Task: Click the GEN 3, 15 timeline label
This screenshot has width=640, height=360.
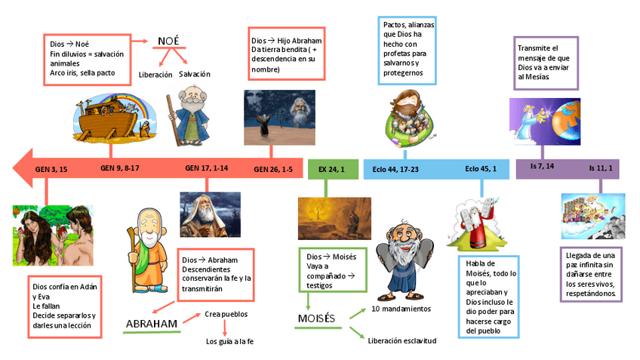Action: click(51, 170)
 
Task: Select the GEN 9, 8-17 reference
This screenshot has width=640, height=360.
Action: click(120, 168)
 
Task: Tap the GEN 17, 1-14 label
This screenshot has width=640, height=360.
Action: click(206, 168)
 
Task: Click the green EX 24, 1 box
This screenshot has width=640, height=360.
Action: click(331, 170)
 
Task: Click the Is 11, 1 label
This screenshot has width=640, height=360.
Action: click(601, 166)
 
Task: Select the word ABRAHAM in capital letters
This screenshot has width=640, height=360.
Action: click(152, 325)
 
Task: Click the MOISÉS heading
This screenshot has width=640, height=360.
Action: click(316, 318)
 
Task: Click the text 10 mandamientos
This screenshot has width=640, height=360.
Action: click(401, 309)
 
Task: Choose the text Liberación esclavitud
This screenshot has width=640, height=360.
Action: click(402, 340)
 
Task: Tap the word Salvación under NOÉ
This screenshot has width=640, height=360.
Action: click(195, 74)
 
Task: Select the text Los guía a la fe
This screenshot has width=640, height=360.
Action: click(230, 342)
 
